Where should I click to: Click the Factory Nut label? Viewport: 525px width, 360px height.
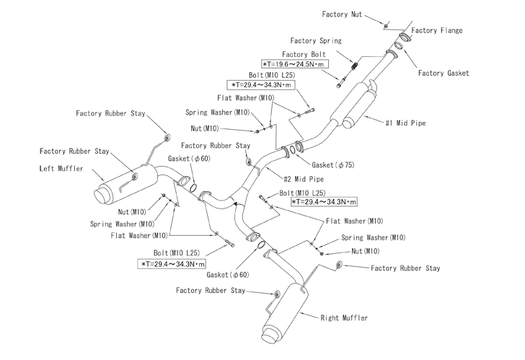point(342,14)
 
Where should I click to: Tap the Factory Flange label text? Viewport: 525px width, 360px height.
point(437,30)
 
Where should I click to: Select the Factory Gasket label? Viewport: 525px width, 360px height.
point(444,73)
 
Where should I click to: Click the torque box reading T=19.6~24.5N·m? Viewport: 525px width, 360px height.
point(295,64)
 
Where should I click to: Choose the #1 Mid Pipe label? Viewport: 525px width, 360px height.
point(405,123)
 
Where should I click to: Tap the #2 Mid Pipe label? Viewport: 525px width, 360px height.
point(304,179)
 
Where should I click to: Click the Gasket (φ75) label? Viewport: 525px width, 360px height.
point(333,164)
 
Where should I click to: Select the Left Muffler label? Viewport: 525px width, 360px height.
point(61,168)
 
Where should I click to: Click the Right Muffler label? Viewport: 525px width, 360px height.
point(344,318)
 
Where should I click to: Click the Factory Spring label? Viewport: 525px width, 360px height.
point(316,41)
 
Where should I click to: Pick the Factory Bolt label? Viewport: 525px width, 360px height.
point(304,54)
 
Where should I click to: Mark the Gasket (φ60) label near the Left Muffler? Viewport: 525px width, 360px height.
point(189,159)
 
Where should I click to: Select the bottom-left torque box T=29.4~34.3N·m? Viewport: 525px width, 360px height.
point(172,264)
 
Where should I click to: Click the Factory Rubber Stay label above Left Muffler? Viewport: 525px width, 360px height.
point(110,113)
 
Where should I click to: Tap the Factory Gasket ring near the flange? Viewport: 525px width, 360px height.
point(398,46)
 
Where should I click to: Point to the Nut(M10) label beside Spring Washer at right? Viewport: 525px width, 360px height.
point(366,251)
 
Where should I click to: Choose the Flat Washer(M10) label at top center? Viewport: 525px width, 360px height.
point(245,98)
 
